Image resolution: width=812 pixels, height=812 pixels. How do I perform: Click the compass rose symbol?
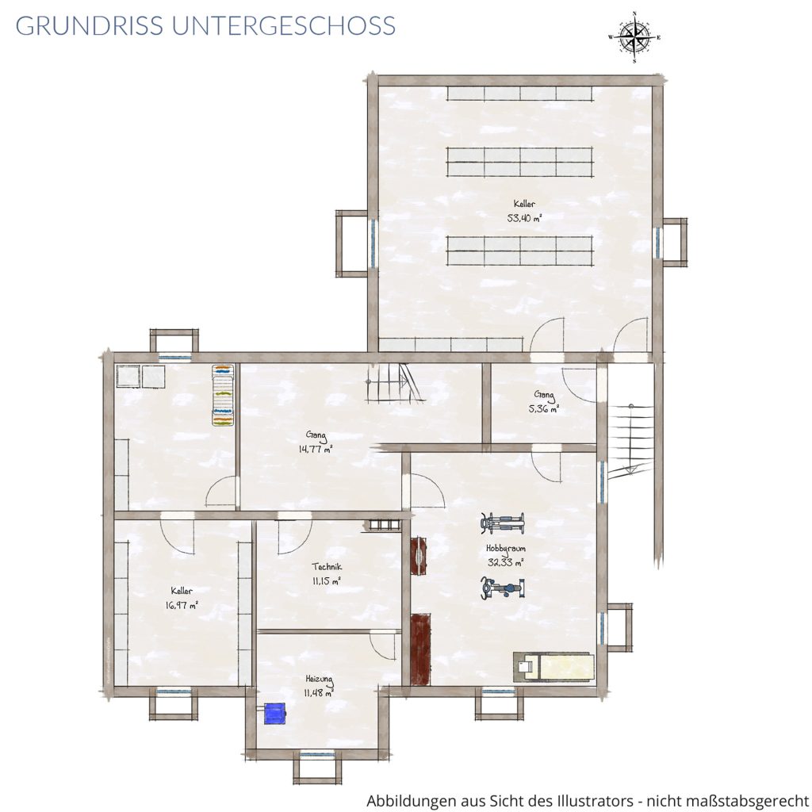point(634,36)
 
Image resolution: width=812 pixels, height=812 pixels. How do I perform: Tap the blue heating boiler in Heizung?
point(275,713)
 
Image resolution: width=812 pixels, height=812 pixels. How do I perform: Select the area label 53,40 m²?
point(525,218)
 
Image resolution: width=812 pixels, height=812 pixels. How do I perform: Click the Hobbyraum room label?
point(505,549)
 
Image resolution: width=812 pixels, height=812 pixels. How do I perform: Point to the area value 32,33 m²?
point(505,562)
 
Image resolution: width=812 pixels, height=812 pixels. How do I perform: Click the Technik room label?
point(327,567)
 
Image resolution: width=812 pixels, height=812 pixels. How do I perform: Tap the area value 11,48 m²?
point(319,692)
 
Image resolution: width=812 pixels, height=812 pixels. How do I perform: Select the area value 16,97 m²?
point(182,604)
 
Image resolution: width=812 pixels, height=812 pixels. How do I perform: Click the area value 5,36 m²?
point(544,408)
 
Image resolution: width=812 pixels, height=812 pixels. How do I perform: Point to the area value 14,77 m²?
point(316,449)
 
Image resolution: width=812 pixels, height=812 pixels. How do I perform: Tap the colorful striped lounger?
point(223,395)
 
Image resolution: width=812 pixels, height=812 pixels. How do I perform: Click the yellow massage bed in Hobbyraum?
point(553,666)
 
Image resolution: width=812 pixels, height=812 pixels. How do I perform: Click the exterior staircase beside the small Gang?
point(630,439)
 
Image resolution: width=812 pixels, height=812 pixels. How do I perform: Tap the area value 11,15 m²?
point(327,581)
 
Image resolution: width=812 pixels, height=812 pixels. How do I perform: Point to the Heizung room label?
point(319,679)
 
